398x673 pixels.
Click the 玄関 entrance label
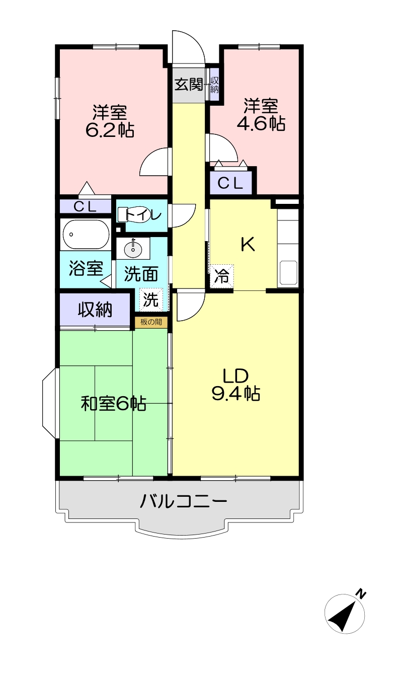pyautogui.click(x=189, y=84)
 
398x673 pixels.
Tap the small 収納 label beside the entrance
pyautogui.click(x=214, y=85)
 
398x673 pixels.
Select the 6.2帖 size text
pyautogui.click(x=110, y=130)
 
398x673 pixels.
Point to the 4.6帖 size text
pyautogui.click(x=261, y=123)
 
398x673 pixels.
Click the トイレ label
pyautogui.click(x=143, y=214)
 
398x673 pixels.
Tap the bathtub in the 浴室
pyautogui.click(x=85, y=235)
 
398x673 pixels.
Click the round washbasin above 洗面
pyautogui.click(x=132, y=248)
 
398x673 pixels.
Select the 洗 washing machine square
pyautogui.click(x=151, y=299)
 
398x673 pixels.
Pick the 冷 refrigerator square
pyautogui.click(x=222, y=276)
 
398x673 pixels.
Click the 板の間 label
pyautogui.click(x=151, y=322)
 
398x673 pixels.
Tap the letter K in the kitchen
pyautogui.click(x=249, y=244)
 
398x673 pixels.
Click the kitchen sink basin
pyautogui.click(x=289, y=273)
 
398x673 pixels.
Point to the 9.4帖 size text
pyautogui.click(x=236, y=394)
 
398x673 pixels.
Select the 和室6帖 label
pyautogui.click(x=114, y=404)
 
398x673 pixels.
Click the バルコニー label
pyautogui.click(x=184, y=501)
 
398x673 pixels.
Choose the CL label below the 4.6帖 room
pyautogui.click(x=230, y=183)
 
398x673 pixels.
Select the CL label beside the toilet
pyautogui.click(x=86, y=207)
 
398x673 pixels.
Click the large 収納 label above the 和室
pyautogui.click(x=95, y=310)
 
